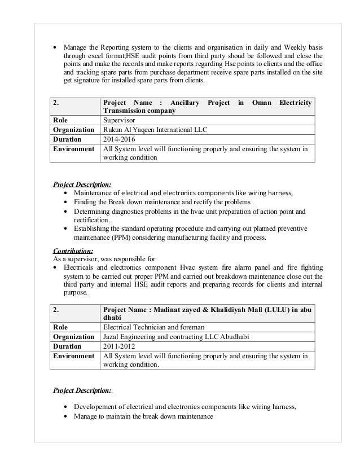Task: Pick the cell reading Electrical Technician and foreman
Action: [x=150, y=327]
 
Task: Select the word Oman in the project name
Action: [x=260, y=102]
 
